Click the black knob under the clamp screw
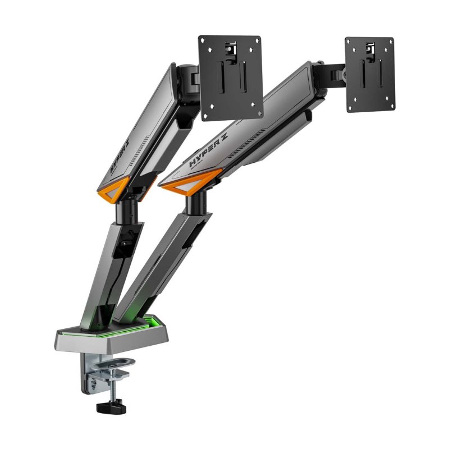109,405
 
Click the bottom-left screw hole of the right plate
352,108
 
